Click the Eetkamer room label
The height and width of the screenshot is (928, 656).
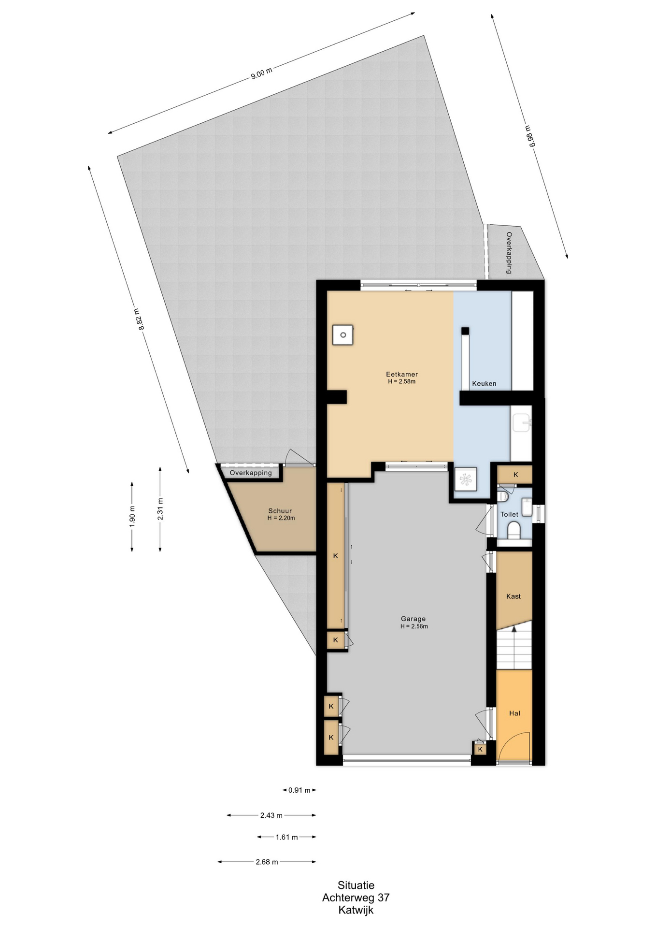point(401,374)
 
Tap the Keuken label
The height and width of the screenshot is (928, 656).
point(484,383)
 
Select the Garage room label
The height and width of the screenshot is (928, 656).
point(413,619)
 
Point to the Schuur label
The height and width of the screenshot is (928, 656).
point(280,511)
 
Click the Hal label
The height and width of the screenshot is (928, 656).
point(514,713)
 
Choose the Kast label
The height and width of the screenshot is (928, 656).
point(513,596)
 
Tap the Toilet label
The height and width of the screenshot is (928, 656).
point(509,514)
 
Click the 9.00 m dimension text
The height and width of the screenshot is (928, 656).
point(261,73)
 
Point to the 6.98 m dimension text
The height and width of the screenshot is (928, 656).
point(529,136)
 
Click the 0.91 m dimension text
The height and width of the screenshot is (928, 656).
point(299,790)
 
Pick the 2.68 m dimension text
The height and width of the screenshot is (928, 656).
point(267,862)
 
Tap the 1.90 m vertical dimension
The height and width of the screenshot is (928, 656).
point(132,516)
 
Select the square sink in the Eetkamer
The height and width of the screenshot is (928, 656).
point(343,334)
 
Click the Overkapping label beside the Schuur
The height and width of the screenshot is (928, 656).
point(251,473)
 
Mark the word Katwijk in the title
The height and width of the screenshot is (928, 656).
point(356,911)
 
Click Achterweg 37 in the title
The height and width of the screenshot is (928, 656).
point(356,898)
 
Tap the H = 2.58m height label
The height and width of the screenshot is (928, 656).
point(401,381)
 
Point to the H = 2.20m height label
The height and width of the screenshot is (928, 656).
point(281,518)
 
